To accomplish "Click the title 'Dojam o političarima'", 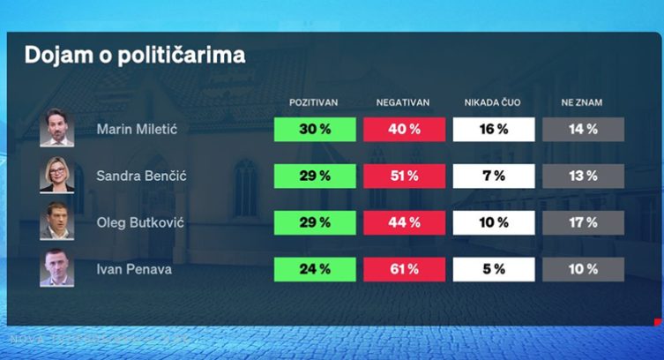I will (134, 55).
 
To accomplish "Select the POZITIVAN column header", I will (314, 103).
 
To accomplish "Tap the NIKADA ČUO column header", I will (493, 103).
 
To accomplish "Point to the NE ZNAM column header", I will (582, 103).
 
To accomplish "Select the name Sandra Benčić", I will (141, 176).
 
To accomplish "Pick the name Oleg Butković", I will (140, 222).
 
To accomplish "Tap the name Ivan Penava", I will (133, 268).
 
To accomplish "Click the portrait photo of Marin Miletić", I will (57, 129).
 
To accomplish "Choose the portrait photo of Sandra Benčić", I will (57, 176).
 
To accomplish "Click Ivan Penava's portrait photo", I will (57, 268).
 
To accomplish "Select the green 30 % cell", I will (314, 130).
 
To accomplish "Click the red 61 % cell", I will (403, 268).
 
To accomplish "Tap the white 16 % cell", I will (493, 130).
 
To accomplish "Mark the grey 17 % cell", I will (583, 222).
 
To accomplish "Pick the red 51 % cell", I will (403, 176).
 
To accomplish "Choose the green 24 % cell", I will (314, 268).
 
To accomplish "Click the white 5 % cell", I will (493, 268).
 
